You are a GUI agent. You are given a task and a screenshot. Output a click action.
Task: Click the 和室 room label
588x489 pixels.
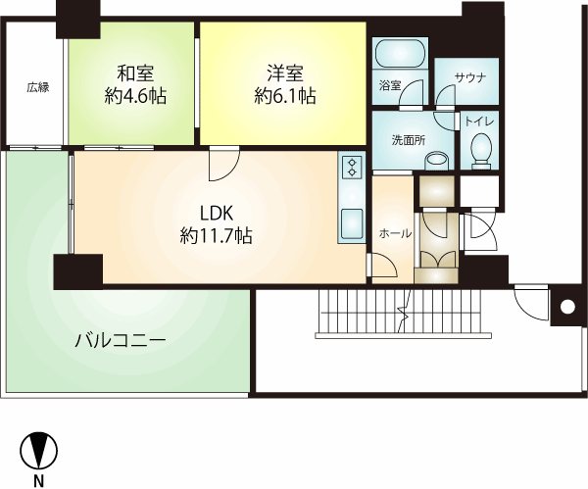[x=135, y=73]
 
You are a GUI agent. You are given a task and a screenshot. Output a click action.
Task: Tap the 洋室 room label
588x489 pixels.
[x=285, y=73]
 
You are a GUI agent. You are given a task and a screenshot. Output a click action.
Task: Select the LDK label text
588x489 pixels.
[x=217, y=214]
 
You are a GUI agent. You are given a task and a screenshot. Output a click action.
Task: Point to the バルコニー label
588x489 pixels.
[x=120, y=341]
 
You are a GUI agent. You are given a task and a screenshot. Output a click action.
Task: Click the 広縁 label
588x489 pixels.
[x=38, y=88]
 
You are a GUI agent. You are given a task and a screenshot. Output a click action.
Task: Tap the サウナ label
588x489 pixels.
[x=470, y=78]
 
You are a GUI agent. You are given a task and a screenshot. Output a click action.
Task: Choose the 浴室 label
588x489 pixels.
[x=390, y=85]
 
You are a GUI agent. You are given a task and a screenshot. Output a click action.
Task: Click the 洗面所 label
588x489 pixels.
[x=409, y=140]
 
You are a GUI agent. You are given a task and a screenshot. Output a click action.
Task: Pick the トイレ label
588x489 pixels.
[x=479, y=122]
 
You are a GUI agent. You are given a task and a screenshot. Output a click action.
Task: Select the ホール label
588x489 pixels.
[x=395, y=233]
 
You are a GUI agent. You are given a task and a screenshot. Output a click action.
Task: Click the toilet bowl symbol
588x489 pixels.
[x=481, y=150]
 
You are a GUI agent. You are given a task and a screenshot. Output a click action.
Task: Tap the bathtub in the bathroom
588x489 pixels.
[x=401, y=53]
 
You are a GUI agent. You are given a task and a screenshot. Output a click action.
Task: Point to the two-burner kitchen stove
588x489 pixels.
[x=352, y=168]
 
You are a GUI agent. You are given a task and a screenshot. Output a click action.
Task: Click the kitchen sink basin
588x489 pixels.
[x=352, y=222]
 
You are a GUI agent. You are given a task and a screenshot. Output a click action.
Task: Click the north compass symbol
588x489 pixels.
[x=38, y=450]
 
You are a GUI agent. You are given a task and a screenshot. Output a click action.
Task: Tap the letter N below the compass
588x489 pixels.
[x=38, y=481]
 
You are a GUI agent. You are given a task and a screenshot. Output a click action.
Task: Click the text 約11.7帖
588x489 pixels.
[x=216, y=236]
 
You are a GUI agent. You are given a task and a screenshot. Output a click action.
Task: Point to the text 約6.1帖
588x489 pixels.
[x=285, y=96]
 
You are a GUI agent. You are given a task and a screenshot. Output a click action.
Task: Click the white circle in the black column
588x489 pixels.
[x=567, y=307]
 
